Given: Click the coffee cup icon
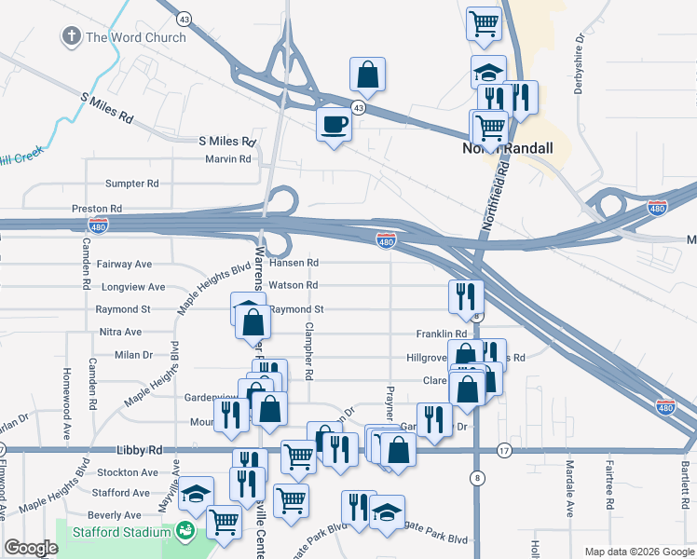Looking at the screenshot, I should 334,123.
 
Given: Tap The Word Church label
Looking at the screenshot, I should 136,37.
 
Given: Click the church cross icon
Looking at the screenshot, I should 71,37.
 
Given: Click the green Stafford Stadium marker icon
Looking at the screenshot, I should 185,532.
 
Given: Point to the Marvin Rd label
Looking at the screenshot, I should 228,159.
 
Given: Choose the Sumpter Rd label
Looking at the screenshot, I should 132,184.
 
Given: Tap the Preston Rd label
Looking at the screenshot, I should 97,209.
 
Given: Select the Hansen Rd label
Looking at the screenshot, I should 294,263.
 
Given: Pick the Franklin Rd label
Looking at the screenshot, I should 442,334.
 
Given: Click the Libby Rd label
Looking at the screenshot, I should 135,450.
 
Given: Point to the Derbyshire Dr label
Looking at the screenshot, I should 579,63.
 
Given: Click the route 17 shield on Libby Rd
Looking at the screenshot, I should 504,449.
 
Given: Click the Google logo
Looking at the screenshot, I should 31,548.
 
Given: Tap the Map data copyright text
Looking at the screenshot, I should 638,552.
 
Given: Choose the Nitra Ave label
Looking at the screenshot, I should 120,332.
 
